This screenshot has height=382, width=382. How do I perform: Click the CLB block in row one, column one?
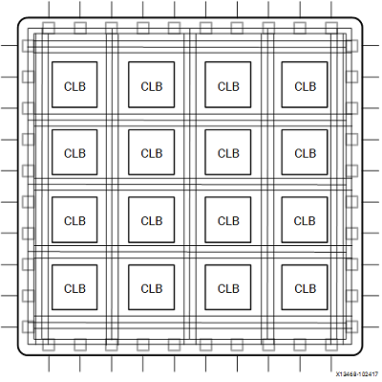[74, 86]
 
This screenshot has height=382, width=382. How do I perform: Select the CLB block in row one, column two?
[151, 86]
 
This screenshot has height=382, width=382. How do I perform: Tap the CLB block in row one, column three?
[228, 86]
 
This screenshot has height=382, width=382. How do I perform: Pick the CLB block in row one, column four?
[305, 86]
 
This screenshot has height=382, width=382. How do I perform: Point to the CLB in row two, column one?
[74, 153]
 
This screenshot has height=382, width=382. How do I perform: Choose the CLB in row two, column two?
[151, 153]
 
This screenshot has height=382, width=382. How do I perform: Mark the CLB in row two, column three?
[228, 153]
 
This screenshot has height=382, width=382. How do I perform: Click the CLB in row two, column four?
[305, 153]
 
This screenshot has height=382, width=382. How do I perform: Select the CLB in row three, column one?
[74, 220]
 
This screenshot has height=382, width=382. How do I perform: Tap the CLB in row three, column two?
[151, 220]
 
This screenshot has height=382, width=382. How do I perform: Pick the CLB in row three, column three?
[228, 220]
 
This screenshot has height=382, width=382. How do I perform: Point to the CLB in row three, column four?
[305, 220]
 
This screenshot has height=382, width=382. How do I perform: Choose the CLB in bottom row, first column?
[74, 288]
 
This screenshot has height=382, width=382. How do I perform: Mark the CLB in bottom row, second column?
[151, 288]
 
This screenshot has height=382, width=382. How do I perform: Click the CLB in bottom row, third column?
[228, 288]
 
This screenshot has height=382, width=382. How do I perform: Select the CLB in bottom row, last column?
[305, 288]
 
